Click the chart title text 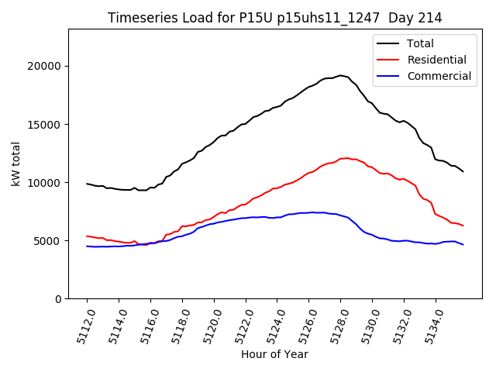tap(270, 18)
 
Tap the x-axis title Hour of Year tap(274, 354)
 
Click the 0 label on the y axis tap(59, 299)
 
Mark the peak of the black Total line tap(341, 75)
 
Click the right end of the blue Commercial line tap(463, 245)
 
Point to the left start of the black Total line tap(87, 184)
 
